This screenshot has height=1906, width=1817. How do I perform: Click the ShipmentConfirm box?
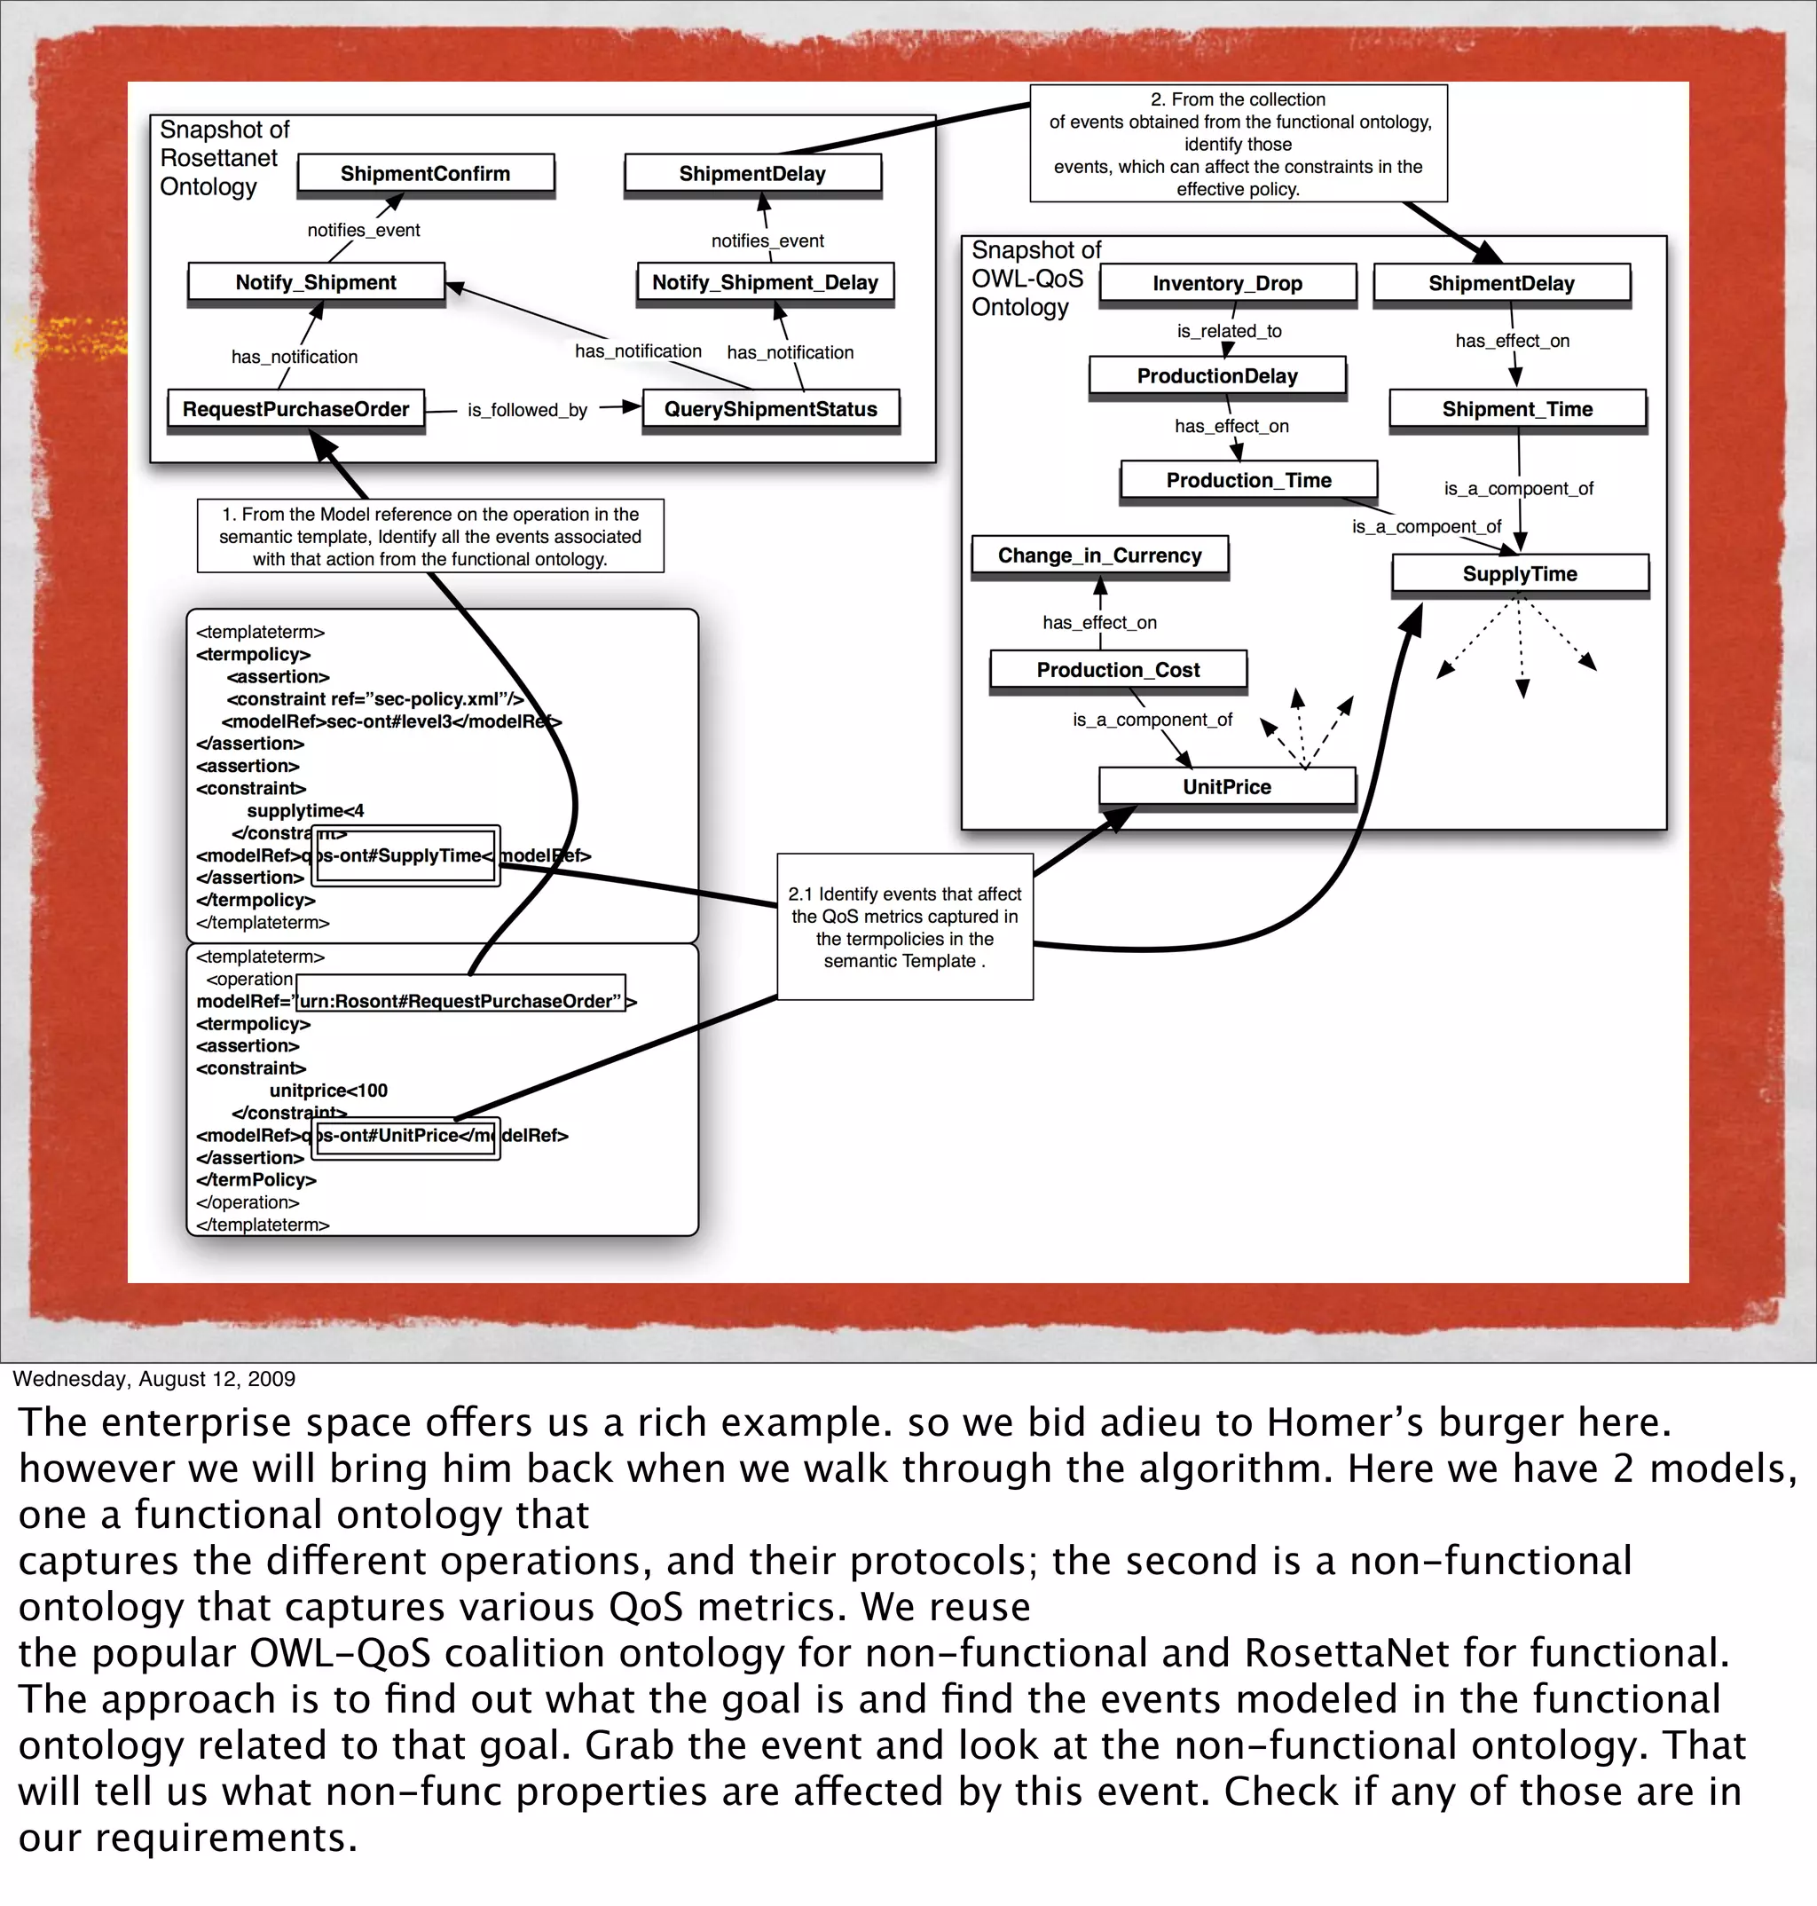tap(425, 173)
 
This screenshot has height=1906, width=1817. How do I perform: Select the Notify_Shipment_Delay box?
tap(764, 283)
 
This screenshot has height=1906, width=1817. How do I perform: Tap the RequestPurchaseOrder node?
tap(295, 410)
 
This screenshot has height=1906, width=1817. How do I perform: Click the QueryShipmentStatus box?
tap(770, 410)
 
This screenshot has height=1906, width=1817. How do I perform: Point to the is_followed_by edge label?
tap(527, 411)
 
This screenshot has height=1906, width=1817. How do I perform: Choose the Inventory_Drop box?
tap(1227, 284)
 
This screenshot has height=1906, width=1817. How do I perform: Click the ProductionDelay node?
tap(1216, 375)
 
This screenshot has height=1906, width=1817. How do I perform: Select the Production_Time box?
tap(1248, 480)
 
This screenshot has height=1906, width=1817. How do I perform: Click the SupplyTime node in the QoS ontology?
tap(1520, 573)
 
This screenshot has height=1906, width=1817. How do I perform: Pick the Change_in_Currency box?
tap(1099, 555)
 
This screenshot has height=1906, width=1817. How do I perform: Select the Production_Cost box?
tap(1118, 670)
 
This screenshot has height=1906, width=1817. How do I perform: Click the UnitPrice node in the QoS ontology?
tap(1226, 786)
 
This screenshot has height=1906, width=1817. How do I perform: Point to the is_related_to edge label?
tap(1228, 331)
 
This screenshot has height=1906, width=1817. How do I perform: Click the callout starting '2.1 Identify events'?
tap(905, 927)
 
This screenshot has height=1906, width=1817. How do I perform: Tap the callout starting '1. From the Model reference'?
tap(430, 537)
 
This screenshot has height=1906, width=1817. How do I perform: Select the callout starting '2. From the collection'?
tap(1238, 144)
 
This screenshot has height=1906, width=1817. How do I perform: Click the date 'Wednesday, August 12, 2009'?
tap(154, 1379)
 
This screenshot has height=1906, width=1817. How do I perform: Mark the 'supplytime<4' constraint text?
tap(305, 811)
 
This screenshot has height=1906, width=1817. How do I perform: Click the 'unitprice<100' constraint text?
tap(328, 1091)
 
